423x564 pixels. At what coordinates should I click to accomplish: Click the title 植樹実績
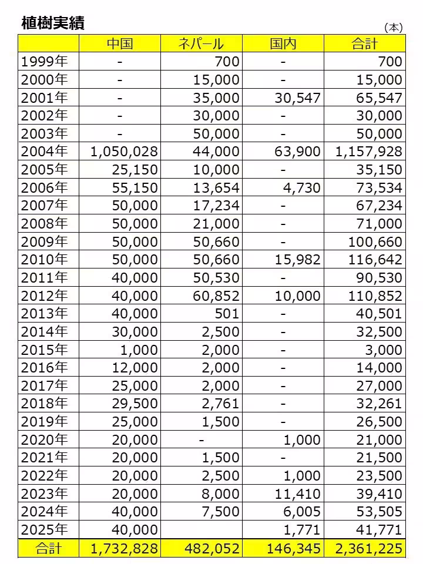pos(53,23)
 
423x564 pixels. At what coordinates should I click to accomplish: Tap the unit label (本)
pos(392,28)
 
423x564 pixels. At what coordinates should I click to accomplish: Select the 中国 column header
pos(120,43)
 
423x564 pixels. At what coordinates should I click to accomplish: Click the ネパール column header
pos(202,43)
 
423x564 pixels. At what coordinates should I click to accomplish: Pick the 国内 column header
pos(283,43)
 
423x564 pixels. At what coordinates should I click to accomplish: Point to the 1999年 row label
pos(45,62)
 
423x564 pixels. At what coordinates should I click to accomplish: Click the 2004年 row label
pos(45,152)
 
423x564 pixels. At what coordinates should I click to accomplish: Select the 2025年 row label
pos(45,531)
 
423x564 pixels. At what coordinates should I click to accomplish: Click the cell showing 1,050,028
pos(124,152)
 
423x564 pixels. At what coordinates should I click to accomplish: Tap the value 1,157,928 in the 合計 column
pos(369,152)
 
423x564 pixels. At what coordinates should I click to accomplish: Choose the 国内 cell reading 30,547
pos(297,98)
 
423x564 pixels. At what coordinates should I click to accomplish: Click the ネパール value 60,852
pos(216,296)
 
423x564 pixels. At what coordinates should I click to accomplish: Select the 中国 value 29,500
pos(134,404)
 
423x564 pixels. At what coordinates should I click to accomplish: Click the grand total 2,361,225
pos(369,549)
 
